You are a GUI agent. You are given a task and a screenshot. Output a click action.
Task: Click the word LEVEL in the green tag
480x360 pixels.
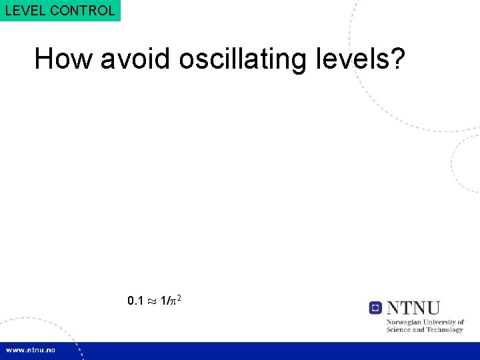(x=23, y=11)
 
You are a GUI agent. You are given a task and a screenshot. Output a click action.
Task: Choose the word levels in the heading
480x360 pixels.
(x=348, y=59)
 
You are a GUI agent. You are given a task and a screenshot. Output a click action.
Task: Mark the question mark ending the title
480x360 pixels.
(x=397, y=59)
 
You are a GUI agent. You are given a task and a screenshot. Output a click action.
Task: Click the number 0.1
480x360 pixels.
(x=135, y=301)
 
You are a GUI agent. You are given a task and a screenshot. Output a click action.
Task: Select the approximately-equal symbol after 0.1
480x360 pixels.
(x=151, y=301)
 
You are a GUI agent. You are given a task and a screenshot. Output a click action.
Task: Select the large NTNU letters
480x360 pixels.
(x=413, y=308)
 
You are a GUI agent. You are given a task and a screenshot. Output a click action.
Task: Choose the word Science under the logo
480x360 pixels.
(x=400, y=330)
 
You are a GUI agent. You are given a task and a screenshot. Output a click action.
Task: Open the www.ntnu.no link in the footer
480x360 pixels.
(x=32, y=350)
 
